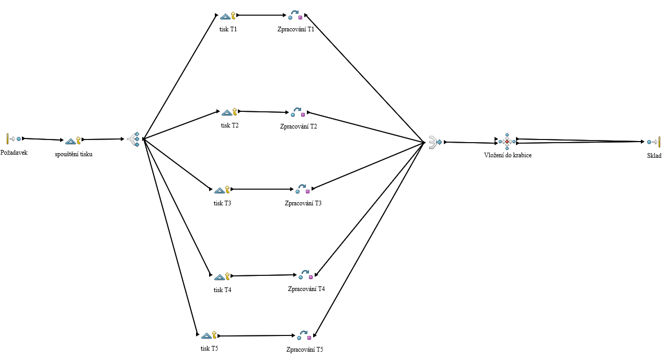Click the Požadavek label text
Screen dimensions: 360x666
tap(14, 153)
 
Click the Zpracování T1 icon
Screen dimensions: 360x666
tap(296, 16)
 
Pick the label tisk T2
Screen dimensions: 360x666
tap(229, 125)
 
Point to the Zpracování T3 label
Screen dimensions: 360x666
tap(303, 203)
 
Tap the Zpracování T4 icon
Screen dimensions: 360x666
tap(306, 275)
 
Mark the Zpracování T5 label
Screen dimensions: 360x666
tap(305, 349)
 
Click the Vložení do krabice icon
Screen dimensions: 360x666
tap(507, 142)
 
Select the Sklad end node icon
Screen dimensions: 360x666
tap(653, 142)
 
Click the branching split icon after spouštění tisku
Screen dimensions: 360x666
tap(134, 139)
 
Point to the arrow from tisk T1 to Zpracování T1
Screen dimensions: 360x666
tap(261, 15)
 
